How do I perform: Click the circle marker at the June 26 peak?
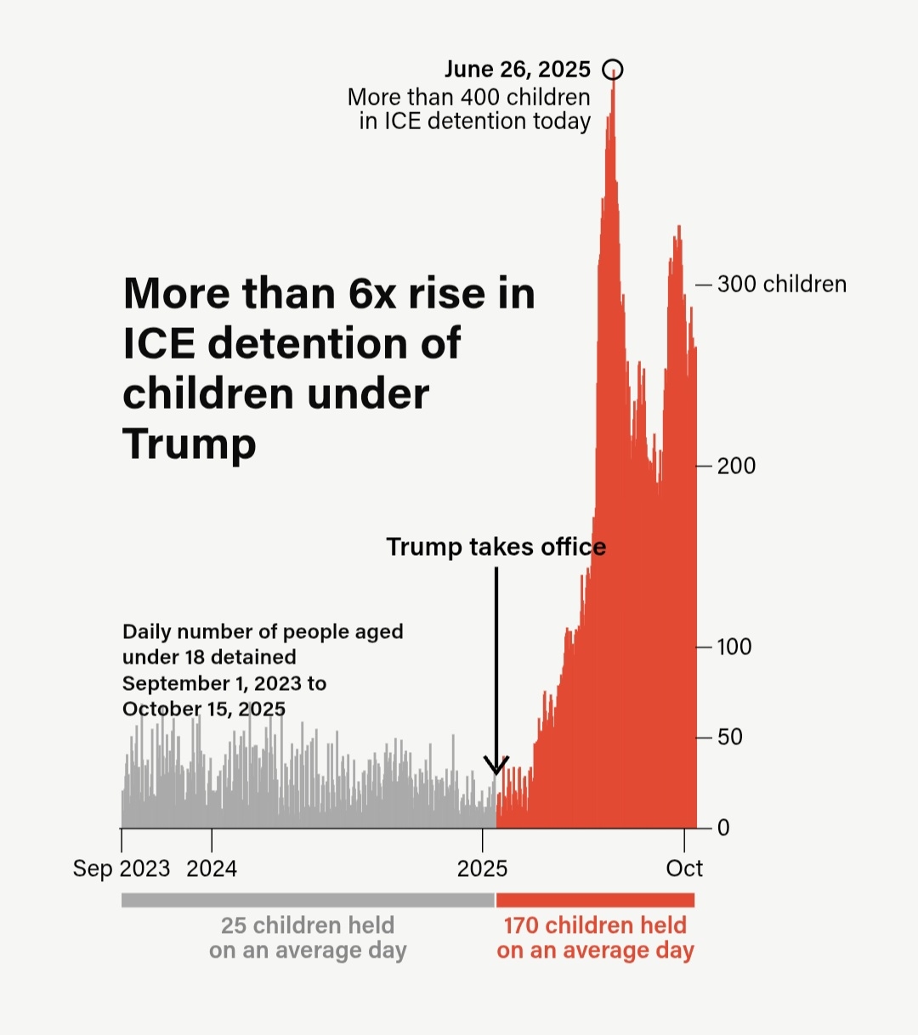(612, 70)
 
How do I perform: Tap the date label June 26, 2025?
(517, 70)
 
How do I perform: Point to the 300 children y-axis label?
(781, 284)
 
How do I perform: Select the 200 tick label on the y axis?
(736, 466)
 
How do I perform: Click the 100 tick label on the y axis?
(734, 647)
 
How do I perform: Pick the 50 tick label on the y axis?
(730, 737)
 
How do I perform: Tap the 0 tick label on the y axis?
(723, 828)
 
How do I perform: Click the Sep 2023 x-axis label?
(122, 868)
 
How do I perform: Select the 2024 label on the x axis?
(212, 868)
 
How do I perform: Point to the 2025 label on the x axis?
(482, 868)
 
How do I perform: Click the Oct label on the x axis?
(684, 868)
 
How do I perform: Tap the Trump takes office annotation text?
(496, 546)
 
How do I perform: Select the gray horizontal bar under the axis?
(308, 900)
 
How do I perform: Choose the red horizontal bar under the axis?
(595, 900)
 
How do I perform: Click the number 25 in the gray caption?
(235, 925)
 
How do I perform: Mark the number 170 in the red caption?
(521, 925)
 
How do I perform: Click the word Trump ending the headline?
(189, 444)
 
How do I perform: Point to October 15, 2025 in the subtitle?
(204, 709)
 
